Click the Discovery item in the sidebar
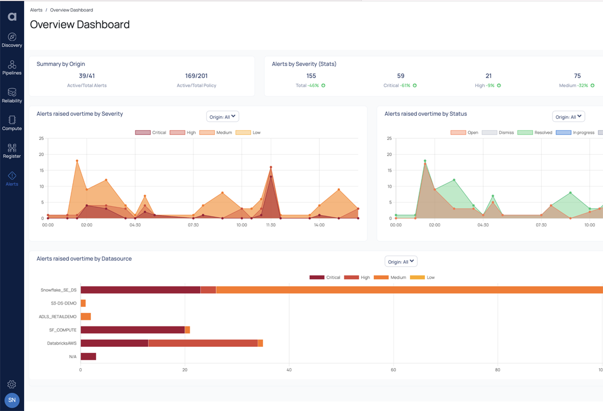pos(12,40)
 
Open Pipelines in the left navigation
pos(12,68)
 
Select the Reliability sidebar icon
pos(12,95)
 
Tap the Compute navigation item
pos(12,123)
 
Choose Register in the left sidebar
pos(12,151)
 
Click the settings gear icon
pos(12,385)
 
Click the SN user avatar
pos(12,401)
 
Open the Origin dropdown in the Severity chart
pos(223,116)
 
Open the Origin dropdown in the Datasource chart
pos(401,262)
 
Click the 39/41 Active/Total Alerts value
pos(87,76)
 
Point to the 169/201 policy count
pos(196,76)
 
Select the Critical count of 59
pos(401,76)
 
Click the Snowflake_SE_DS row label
pos(59,290)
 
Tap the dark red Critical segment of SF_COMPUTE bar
pos(132,330)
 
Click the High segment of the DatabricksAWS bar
pos(203,343)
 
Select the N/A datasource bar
pos(88,357)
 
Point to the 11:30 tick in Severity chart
pos(271,225)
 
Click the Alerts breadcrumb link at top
pos(36,10)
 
